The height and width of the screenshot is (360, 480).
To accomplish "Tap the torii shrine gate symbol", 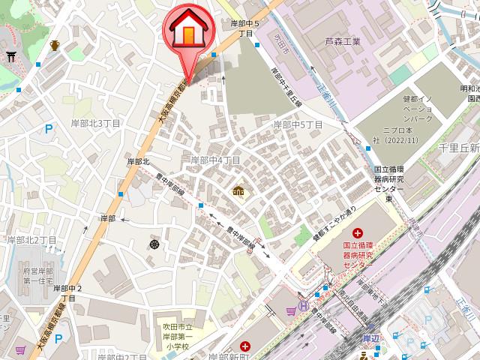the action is click(10, 55).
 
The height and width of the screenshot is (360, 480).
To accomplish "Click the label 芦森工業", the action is click(343, 41).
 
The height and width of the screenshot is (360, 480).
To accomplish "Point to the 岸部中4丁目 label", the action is click(215, 160).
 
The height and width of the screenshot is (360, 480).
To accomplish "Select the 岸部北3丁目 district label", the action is click(96, 122).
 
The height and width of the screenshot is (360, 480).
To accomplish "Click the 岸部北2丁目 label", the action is click(31, 240).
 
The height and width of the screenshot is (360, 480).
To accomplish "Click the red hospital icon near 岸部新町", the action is click(244, 346).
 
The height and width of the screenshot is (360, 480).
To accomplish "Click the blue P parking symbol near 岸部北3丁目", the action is click(49, 129).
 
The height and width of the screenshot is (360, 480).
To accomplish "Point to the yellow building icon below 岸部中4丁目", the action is click(238, 193).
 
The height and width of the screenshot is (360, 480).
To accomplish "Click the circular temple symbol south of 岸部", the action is click(154, 244).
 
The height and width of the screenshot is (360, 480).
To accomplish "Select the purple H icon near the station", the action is click(304, 305).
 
